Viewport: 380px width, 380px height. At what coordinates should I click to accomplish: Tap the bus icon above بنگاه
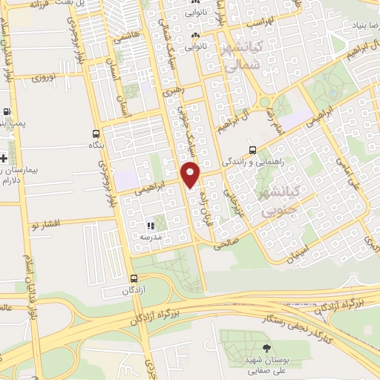pyautogui.click(x=94, y=134)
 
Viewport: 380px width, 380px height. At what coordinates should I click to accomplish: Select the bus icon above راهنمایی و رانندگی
pyautogui.click(x=253, y=148)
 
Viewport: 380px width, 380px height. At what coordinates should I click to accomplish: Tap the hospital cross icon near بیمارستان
pyautogui.click(x=4, y=158)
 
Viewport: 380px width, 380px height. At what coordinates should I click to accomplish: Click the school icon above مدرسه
pyautogui.click(x=151, y=225)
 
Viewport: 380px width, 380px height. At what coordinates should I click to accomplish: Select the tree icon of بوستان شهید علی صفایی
pyautogui.click(x=266, y=348)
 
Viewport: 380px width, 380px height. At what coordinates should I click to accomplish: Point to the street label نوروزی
pyautogui.click(x=45, y=76)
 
